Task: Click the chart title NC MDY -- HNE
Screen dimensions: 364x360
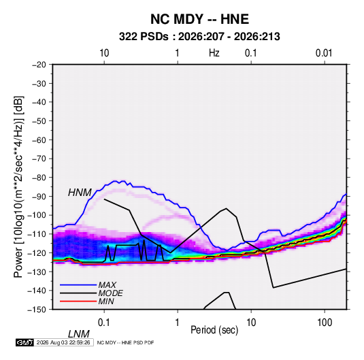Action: (199, 19)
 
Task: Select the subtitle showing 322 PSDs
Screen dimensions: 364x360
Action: (199, 37)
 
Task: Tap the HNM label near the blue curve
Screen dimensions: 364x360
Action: (80, 193)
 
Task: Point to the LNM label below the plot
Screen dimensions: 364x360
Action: (79, 334)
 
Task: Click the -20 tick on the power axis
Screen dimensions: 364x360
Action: (39, 65)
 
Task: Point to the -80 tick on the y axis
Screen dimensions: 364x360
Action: (39, 178)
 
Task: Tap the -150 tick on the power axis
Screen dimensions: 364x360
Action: (37, 310)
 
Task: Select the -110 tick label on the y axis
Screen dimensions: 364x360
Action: (37, 234)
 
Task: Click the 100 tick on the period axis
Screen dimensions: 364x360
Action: (325, 323)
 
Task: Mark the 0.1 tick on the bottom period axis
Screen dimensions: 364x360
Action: (104, 323)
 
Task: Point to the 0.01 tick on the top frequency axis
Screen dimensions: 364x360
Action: (324, 53)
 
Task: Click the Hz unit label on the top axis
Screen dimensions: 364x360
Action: (214, 53)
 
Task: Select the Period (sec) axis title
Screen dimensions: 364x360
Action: (214, 330)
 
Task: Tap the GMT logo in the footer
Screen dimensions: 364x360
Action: (24, 342)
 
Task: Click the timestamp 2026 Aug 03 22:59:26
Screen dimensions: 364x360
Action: (63, 342)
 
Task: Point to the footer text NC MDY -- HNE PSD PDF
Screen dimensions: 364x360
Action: (125, 342)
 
